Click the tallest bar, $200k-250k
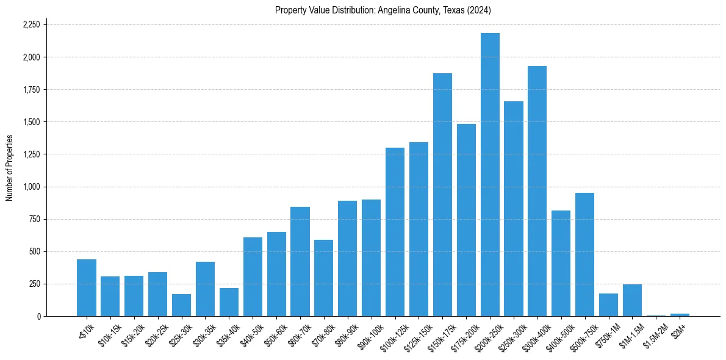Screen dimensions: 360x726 click(x=490, y=175)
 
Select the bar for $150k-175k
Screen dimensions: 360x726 click(x=442, y=195)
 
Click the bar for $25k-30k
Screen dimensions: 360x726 click(x=181, y=305)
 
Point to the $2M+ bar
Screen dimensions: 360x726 click(x=680, y=315)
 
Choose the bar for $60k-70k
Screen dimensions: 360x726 click(x=300, y=262)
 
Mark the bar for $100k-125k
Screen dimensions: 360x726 click(x=395, y=232)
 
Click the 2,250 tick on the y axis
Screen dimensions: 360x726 click(x=31, y=25)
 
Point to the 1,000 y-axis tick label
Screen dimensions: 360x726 click(x=31, y=187)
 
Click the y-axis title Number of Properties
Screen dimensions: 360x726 click(x=9, y=168)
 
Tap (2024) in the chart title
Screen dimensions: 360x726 click(x=479, y=10)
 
